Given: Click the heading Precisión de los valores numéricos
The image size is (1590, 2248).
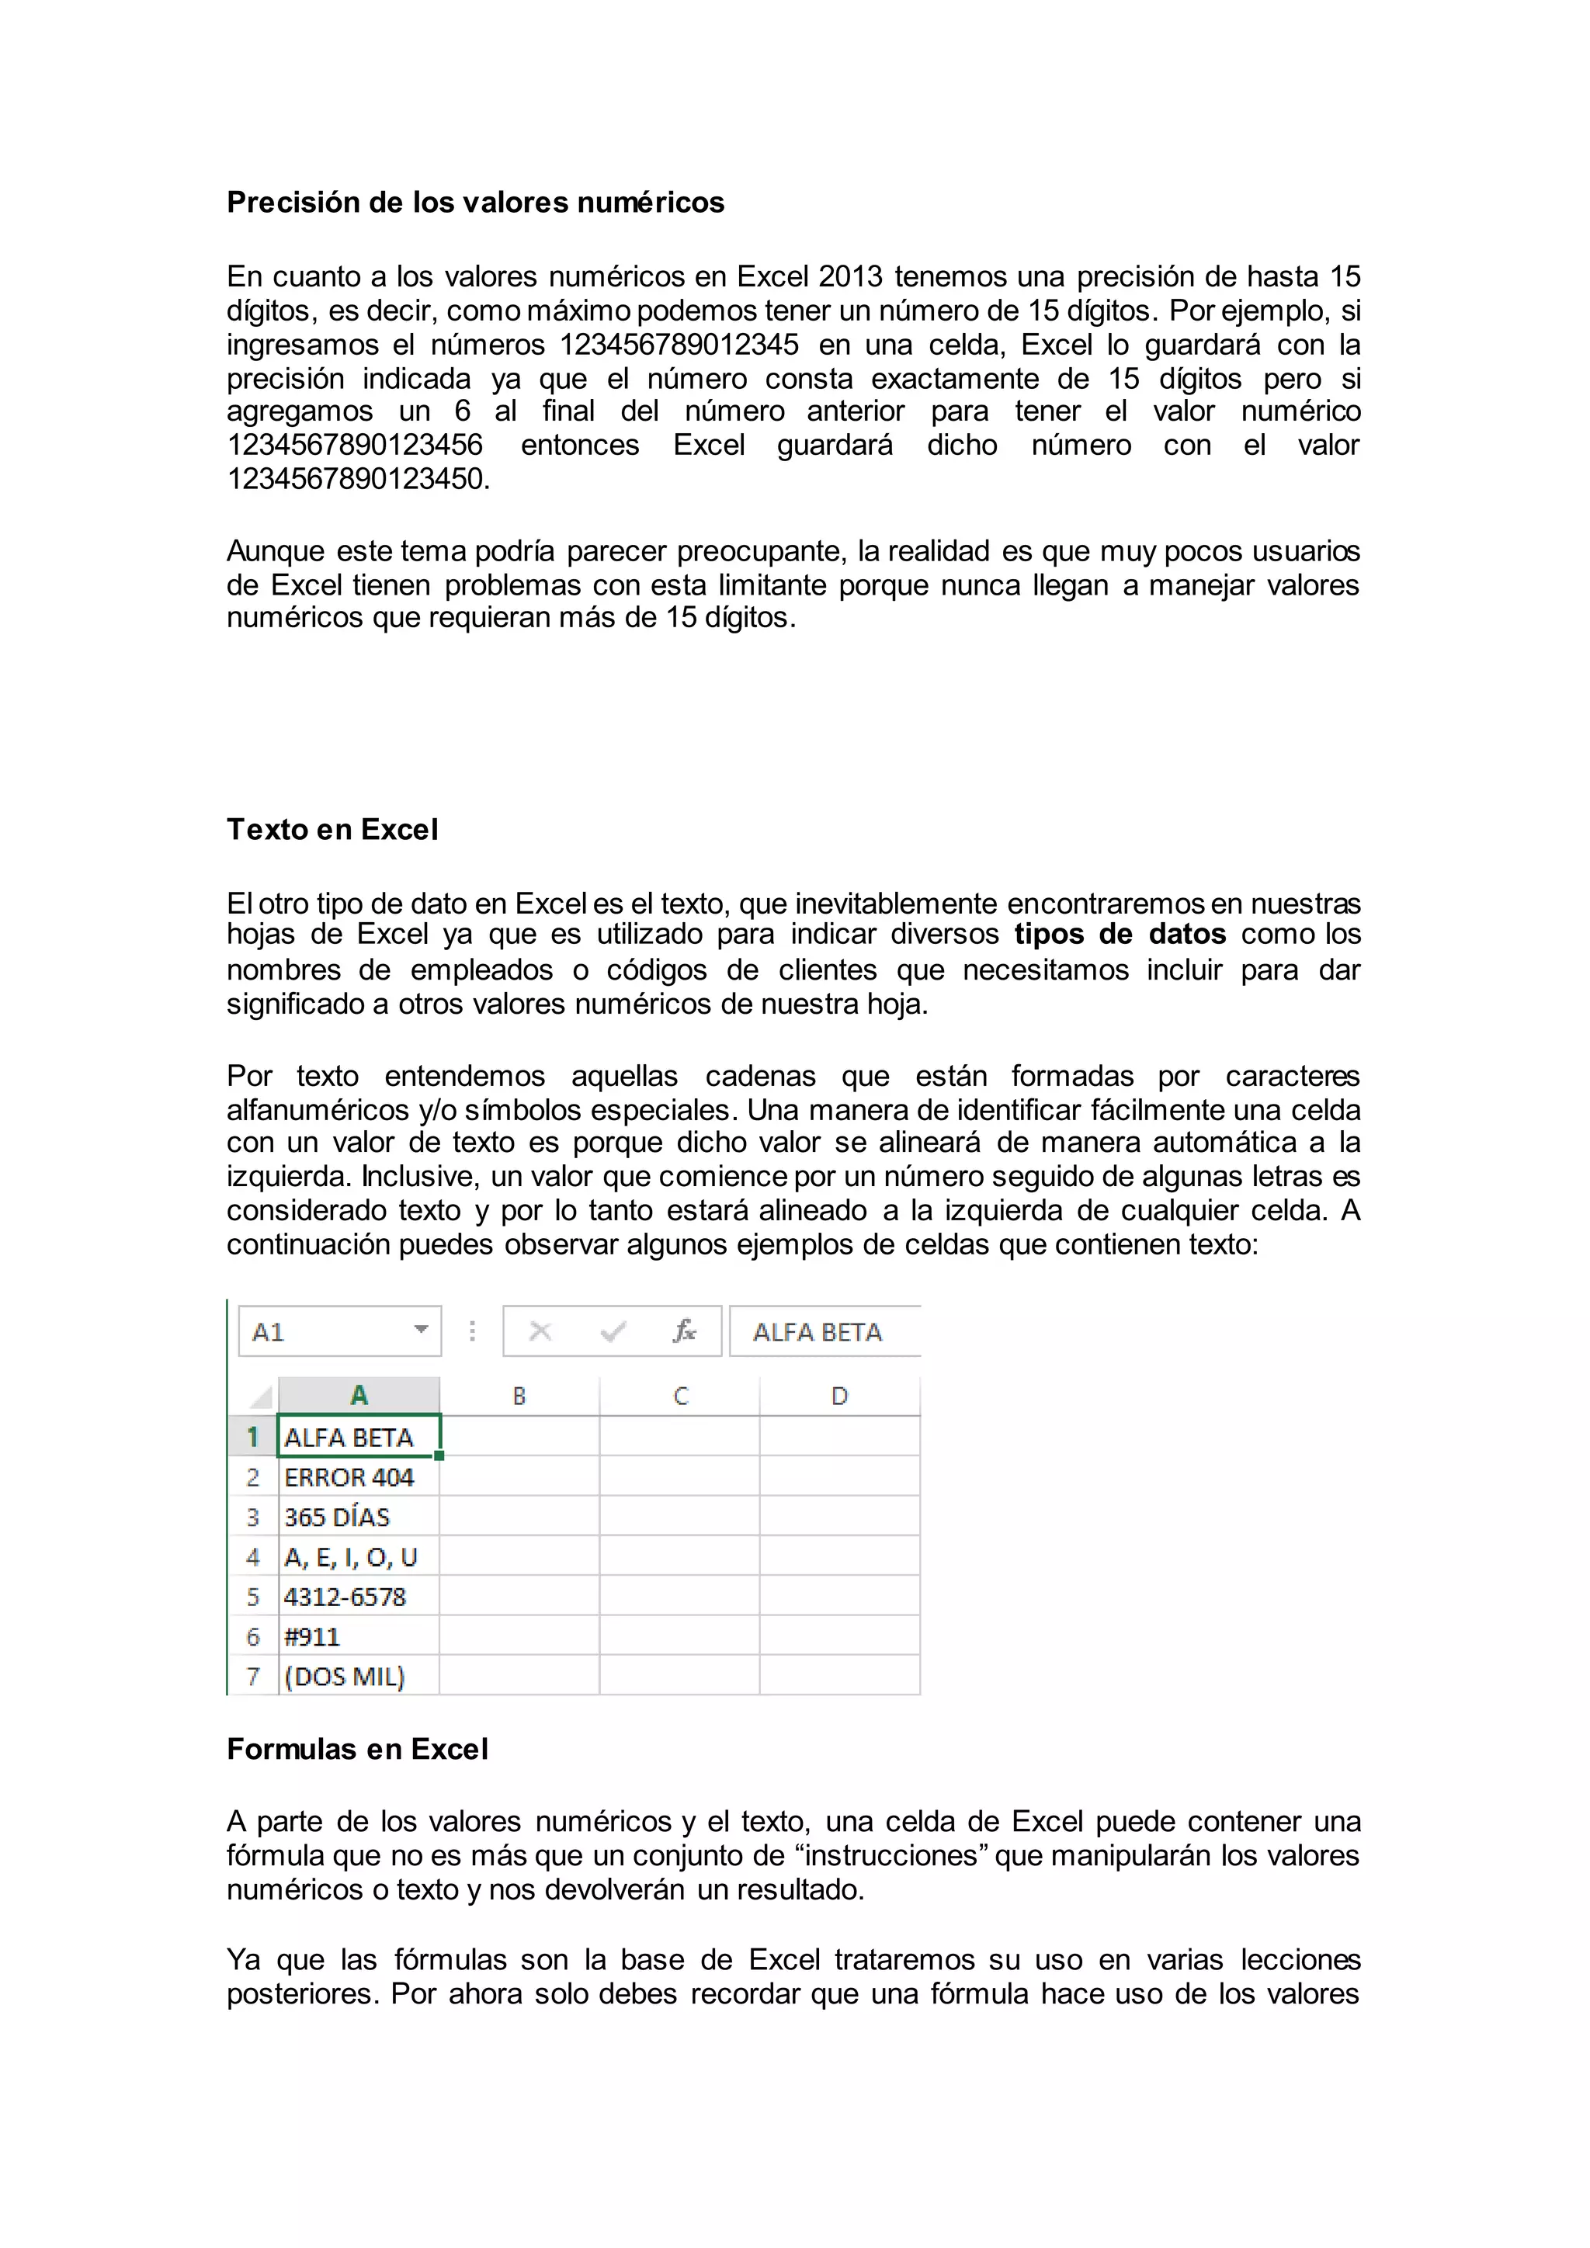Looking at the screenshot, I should tap(475, 203).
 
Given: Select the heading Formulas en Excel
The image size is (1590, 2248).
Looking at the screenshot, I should tap(356, 1750).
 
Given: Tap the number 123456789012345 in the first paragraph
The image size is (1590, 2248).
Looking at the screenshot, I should tap(679, 345).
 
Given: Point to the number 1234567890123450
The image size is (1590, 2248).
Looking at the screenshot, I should tap(357, 479).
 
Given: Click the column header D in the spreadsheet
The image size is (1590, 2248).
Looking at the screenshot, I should tap(839, 1396).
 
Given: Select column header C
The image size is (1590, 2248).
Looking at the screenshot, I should tap(680, 1396).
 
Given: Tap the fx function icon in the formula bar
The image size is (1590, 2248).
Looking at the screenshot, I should tap(683, 1331).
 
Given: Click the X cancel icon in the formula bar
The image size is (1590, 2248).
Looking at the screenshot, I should tap(540, 1331).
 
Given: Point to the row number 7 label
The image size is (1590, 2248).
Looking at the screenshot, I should tap(252, 1677).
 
